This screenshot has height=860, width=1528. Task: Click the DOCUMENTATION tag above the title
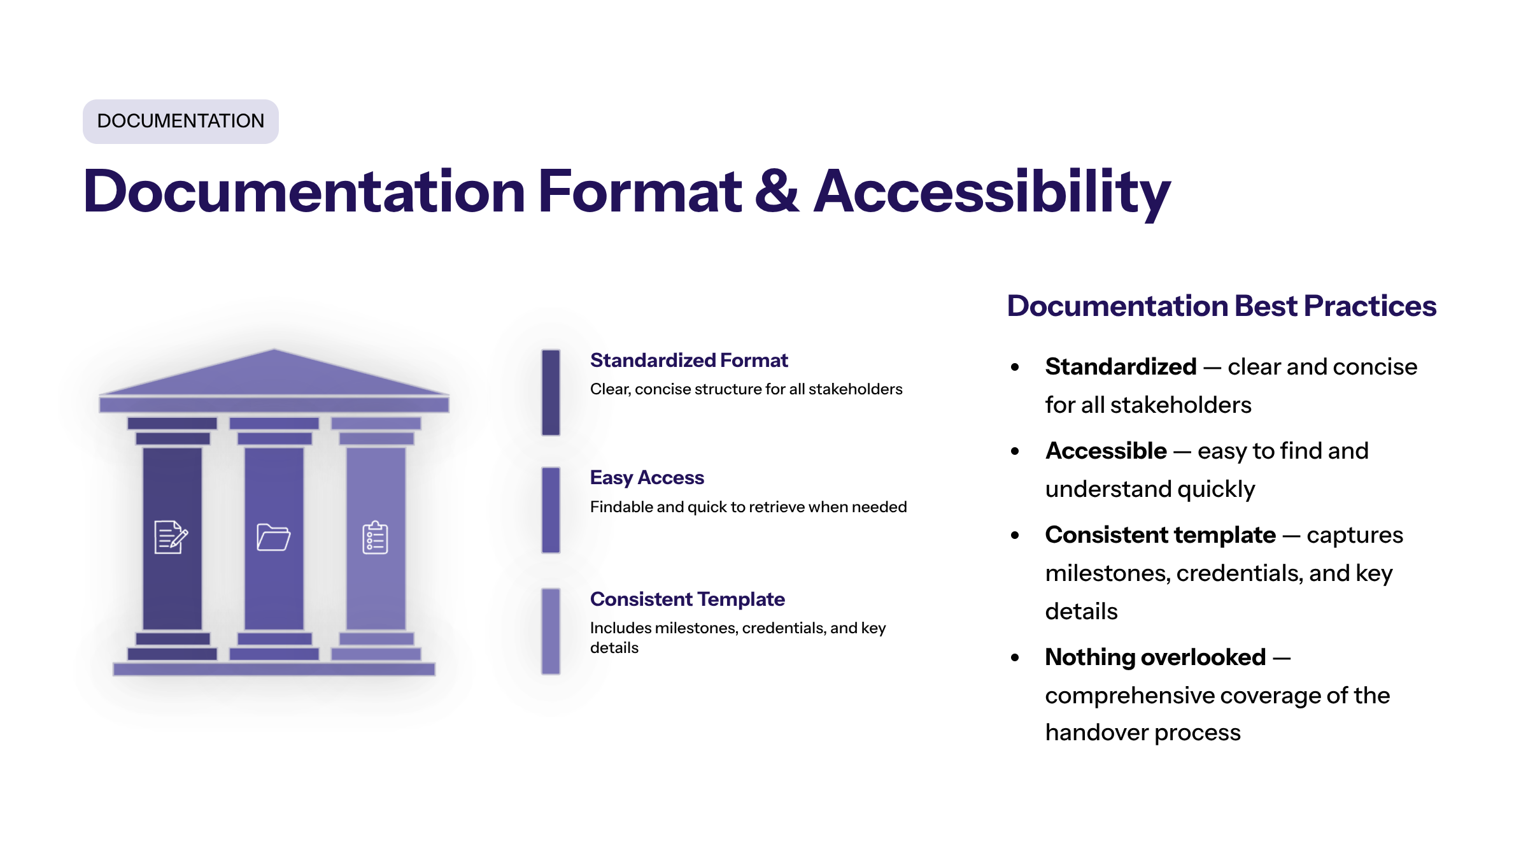(180, 121)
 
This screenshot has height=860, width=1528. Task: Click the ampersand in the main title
(777, 191)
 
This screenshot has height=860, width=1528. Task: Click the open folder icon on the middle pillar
(274, 537)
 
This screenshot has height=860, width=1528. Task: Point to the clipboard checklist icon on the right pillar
(375, 538)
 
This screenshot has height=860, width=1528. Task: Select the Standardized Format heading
(689, 361)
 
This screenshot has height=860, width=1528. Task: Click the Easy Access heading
(647, 478)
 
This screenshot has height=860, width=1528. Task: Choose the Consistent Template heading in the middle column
(687, 599)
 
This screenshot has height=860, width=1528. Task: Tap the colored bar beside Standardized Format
(551, 392)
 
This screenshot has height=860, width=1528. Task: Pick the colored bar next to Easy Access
(551, 510)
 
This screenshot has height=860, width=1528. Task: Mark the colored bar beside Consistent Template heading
(551, 631)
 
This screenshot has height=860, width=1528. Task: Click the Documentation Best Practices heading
(1221, 306)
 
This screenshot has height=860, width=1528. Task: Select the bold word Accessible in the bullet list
(1106, 451)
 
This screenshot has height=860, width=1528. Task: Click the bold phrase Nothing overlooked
(1155, 657)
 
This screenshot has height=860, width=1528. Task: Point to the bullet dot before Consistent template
(1015, 536)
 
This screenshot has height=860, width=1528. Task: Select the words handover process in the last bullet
(1143, 733)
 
